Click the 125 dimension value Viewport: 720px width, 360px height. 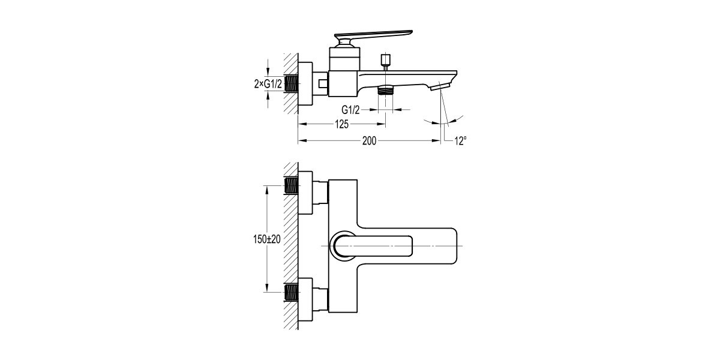[x=341, y=124]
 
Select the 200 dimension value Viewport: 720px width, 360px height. [x=369, y=141]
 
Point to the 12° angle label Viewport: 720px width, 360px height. [x=460, y=141]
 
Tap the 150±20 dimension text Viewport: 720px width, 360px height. [x=266, y=238]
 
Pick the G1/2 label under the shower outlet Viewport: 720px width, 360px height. [x=351, y=110]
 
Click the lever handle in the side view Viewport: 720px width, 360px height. [x=372, y=35]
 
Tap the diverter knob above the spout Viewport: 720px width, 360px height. [x=386, y=60]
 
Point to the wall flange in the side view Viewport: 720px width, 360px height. [x=306, y=84]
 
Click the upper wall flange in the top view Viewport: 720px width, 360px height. [x=306, y=192]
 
